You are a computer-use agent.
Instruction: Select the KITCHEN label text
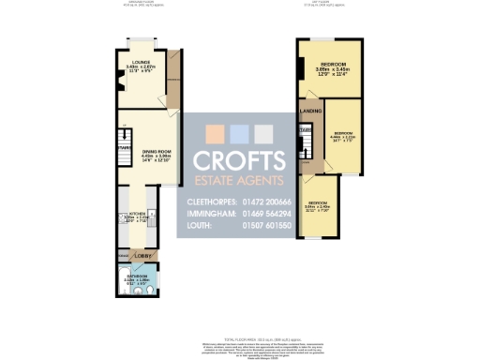coord(137,214)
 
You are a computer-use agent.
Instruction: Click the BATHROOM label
coord(138,276)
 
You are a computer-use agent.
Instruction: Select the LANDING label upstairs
coord(310,112)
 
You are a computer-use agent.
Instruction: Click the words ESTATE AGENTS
coord(238,179)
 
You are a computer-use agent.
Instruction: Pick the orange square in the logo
coord(215,132)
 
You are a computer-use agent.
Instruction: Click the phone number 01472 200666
coord(266,202)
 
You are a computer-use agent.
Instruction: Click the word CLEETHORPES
coord(208,202)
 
